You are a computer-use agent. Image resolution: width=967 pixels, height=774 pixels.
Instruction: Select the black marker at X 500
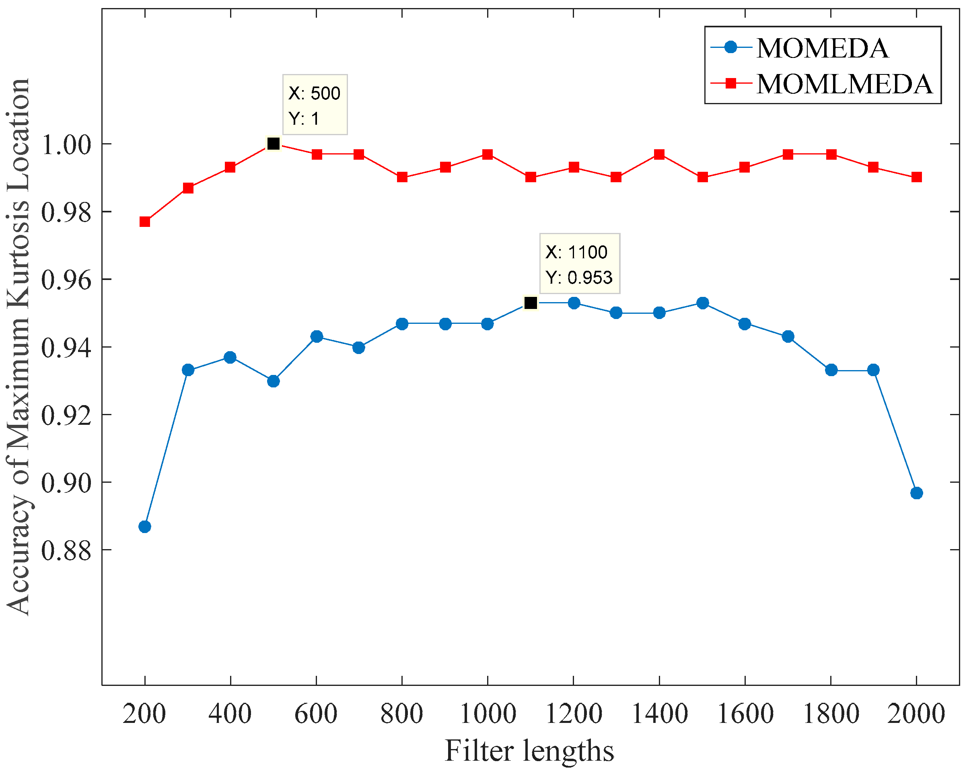point(273,144)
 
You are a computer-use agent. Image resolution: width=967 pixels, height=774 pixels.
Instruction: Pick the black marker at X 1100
point(531,303)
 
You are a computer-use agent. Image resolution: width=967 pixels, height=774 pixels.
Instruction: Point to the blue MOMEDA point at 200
point(144,527)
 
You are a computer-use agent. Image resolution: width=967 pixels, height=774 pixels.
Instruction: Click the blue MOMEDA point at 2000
point(917,493)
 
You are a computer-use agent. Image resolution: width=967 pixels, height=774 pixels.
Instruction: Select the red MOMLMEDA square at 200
point(144,222)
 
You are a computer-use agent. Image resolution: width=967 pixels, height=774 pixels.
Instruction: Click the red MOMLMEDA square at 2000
point(917,177)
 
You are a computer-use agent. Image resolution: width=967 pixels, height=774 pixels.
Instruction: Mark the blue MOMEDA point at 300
point(188,370)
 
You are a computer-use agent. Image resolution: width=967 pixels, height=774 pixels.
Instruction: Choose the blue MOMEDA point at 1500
point(703,303)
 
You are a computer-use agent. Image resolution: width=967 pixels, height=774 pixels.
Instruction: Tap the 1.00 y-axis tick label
point(66,145)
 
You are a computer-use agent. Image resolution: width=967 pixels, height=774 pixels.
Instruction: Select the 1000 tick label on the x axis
point(488,714)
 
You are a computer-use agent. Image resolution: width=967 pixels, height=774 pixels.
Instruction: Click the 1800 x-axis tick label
point(831,714)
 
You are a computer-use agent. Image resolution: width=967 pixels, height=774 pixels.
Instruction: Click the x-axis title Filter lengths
point(529,751)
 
